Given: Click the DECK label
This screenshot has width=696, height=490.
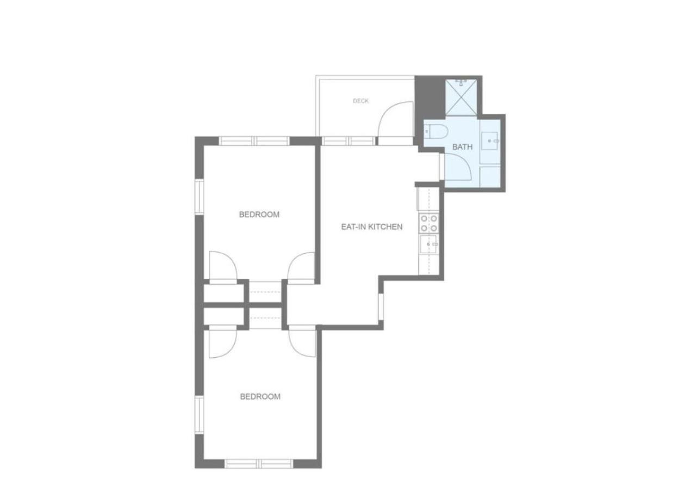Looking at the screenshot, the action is pos(361,101).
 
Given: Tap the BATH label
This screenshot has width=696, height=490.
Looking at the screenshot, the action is pos(462,147).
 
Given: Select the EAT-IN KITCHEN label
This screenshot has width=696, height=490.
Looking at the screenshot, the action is pos(371,227).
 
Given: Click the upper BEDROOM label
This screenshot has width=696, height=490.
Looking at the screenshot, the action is pos(259,215).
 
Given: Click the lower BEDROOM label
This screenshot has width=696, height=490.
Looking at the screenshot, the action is pos(260,397).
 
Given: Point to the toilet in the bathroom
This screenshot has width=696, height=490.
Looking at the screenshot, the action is pos(436,131).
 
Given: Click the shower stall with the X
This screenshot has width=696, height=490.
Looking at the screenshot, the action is pos(461,97).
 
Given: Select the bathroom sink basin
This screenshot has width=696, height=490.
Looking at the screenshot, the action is pos(490,141).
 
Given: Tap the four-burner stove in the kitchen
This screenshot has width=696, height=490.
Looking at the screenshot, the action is pos(429,224).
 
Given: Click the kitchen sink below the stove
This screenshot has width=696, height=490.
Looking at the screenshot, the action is pos(429,244).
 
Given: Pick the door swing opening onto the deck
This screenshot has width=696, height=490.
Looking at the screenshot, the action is pos(395,119).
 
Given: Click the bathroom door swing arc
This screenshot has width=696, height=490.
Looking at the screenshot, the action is pos(458,167).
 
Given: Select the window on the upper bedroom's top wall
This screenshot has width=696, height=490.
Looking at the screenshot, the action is pos(254,141).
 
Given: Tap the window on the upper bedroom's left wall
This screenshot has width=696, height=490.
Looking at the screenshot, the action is pos(199,197).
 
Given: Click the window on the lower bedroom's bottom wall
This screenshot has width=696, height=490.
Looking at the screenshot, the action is pos(259,473).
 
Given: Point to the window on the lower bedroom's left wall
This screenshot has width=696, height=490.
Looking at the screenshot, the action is pos(199,415).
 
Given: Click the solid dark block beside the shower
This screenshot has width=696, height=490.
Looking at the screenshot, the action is pos(430,97).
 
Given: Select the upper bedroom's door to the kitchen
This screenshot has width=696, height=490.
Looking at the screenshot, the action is pos(301,268).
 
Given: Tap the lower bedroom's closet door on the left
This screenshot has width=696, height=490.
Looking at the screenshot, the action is pos(223,342).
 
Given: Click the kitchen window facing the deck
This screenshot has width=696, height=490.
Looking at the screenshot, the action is pos(349,141).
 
